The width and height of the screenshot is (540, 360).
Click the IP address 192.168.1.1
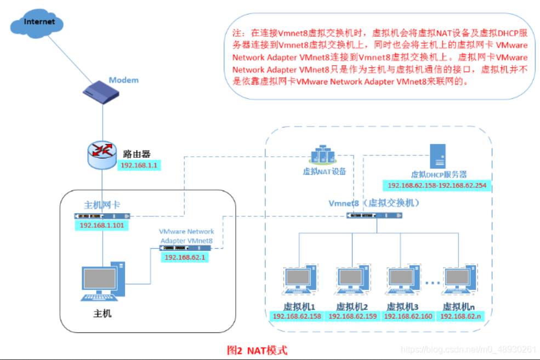click(x=139, y=164)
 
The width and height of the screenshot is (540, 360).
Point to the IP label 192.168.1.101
click(x=102, y=225)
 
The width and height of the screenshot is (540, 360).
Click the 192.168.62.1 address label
click(x=185, y=257)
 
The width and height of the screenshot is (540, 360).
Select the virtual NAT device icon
click(x=324, y=156)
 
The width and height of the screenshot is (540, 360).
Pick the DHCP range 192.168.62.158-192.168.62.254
click(x=437, y=186)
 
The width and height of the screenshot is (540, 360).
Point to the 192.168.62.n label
click(x=460, y=316)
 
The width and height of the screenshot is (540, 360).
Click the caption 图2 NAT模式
click(x=257, y=350)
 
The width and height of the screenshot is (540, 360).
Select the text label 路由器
click(x=137, y=153)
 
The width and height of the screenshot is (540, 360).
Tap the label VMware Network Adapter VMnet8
click(x=186, y=236)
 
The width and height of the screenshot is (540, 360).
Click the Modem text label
click(x=123, y=80)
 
